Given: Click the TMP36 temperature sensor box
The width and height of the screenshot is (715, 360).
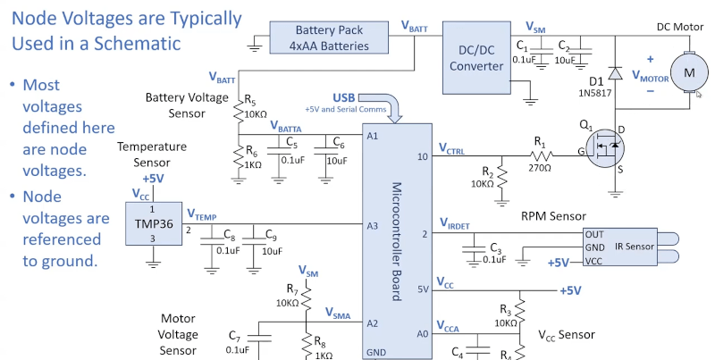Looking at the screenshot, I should click(153, 222).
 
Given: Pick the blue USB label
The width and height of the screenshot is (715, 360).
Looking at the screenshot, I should click(343, 96).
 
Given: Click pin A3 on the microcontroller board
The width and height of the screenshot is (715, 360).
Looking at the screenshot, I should click(374, 226).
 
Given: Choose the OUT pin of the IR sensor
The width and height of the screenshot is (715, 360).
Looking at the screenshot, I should click(593, 234).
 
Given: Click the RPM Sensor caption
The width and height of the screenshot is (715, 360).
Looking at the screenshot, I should click(553, 215).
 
